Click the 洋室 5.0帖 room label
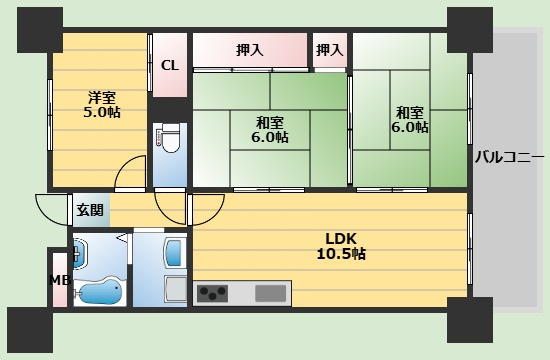102,105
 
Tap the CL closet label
170,65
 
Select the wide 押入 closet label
249,50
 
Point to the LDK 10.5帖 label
341,246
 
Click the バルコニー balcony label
510,157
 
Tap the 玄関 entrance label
90,210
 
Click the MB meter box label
60,280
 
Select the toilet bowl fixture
170,138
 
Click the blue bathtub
100,291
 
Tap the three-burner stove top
212,293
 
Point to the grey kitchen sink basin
270,293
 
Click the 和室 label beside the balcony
410,120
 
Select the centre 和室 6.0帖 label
270,129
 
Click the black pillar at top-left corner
40,30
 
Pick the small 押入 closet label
330,50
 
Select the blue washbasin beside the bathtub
80,254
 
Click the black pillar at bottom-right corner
470,320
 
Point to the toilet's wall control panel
159,138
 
